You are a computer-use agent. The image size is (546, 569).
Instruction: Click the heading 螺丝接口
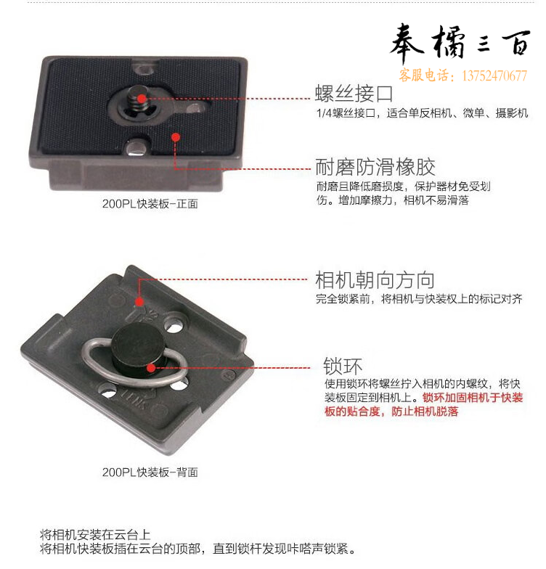(x=354, y=94)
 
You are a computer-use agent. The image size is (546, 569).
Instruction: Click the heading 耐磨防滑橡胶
(x=375, y=167)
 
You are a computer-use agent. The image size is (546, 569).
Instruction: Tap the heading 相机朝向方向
(x=375, y=280)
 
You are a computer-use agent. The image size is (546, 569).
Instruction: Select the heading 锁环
(x=343, y=366)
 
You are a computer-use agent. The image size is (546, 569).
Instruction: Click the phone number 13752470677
(x=494, y=75)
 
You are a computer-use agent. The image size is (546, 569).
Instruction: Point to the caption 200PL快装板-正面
(x=150, y=203)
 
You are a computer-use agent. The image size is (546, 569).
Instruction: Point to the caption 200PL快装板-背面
(x=150, y=472)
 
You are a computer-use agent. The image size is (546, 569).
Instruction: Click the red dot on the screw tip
(x=142, y=99)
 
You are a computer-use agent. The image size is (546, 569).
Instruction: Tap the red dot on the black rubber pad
(x=176, y=137)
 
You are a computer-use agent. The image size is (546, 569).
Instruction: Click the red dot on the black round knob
(x=151, y=368)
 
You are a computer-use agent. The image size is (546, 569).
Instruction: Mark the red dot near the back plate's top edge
(x=139, y=301)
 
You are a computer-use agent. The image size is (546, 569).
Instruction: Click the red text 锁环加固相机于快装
(x=473, y=398)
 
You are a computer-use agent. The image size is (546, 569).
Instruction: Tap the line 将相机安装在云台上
(x=95, y=534)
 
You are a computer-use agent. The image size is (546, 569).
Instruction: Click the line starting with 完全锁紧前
(x=419, y=299)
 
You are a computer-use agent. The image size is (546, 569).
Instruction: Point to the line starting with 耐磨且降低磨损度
(x=404, y=187)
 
